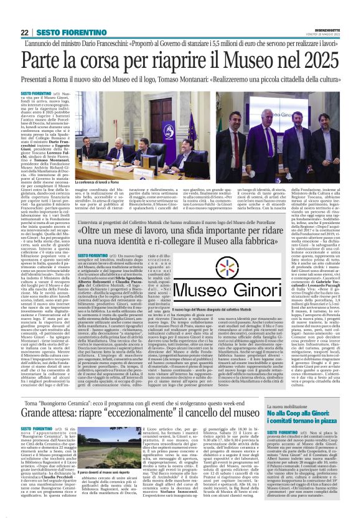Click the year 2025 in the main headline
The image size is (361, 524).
point(318,58)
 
